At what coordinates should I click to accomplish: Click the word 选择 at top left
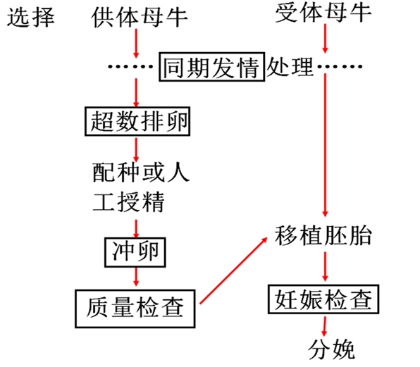point(31,18)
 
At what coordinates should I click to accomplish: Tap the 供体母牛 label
point(140,18)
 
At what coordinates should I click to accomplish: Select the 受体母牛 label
point(323,13)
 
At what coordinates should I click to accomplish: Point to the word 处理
point(290,67)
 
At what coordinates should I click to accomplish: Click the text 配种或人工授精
point(141,187)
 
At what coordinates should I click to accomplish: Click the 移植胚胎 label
point(323,235)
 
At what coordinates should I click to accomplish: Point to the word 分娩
point(332,349)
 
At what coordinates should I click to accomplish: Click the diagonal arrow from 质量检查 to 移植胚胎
point(233,270)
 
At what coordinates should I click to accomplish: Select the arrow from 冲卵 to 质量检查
point(136,277)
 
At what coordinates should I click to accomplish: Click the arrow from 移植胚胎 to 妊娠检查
point(325,266)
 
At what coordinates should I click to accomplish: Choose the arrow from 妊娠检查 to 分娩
point(324,326)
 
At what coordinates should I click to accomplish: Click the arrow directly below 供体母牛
point(136,44)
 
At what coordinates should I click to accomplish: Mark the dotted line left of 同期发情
point(130,66)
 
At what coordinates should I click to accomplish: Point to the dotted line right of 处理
point(340,66)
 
